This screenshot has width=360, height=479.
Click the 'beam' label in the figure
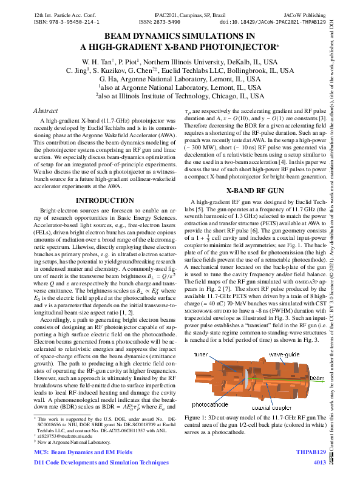pyautogui.click(x=316, y=377)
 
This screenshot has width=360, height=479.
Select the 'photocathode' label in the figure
pyautogui.click(x=210, y=403)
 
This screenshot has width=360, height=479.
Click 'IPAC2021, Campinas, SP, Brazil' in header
pyautogui.click(x=180, y=13)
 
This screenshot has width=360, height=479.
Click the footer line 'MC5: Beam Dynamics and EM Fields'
pyautogui.click(x=83, y=452)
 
